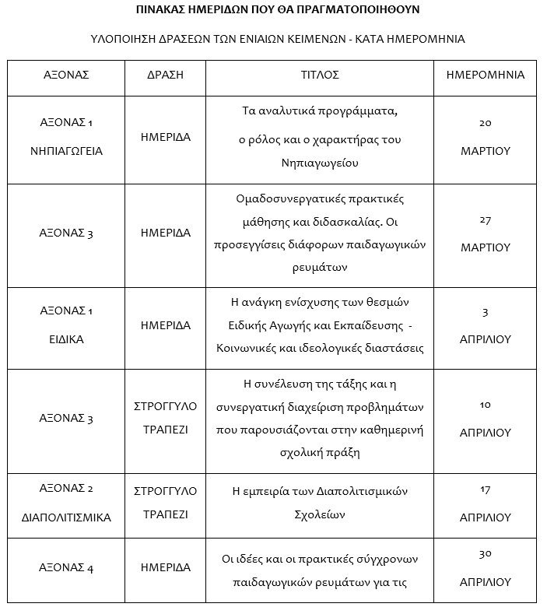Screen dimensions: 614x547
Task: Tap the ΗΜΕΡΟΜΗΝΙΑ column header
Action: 485,75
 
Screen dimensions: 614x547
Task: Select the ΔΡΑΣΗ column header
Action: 166,75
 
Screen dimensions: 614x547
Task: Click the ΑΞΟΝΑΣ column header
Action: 66,75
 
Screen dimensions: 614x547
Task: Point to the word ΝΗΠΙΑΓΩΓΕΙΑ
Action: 66,151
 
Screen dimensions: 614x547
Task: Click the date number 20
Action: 485,123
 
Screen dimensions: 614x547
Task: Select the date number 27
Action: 485,219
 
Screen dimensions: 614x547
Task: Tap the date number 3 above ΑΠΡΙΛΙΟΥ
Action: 485,312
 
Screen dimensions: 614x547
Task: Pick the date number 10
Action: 485,405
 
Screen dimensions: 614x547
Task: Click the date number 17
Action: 485,489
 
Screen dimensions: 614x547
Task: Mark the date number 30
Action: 485,553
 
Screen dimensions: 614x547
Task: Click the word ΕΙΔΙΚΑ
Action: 66,340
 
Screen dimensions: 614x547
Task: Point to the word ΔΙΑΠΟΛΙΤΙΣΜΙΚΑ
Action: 66,517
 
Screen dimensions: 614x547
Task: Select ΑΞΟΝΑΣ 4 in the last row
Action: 66,568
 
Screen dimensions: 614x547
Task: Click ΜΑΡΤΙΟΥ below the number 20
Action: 485,151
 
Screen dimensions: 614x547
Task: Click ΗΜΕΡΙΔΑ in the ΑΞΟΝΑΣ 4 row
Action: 166,568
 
